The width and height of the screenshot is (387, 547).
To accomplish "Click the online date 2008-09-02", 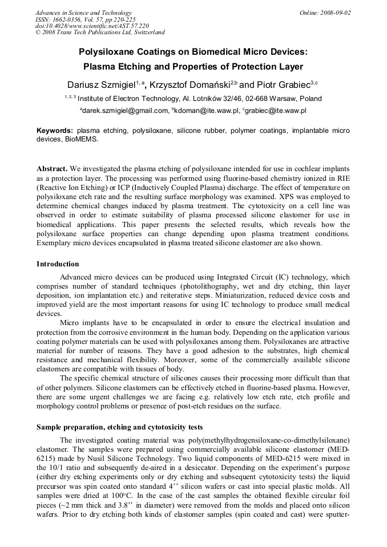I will point(336,13).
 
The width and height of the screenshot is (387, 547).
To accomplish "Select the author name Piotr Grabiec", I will point(282,85).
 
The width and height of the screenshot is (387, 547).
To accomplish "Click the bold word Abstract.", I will point(53,169).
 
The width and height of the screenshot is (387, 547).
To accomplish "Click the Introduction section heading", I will point(58,264).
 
